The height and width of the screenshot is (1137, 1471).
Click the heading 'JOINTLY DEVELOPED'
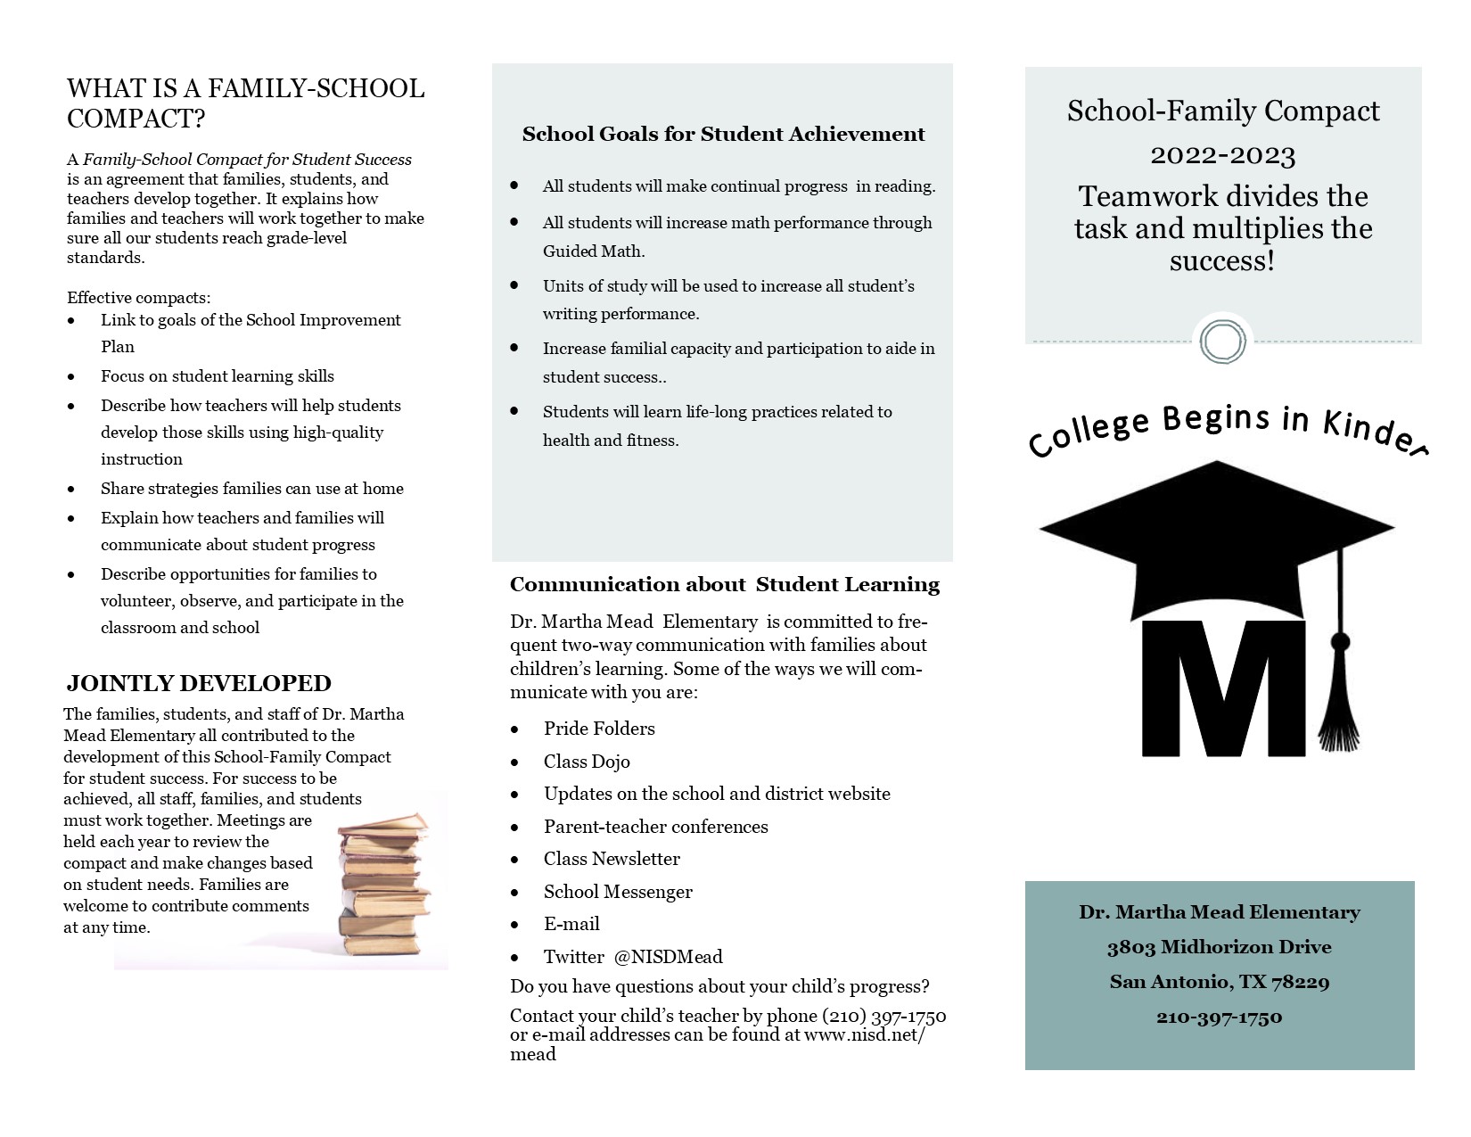tap(199, 684)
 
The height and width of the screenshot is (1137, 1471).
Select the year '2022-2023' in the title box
tap(1222, 156)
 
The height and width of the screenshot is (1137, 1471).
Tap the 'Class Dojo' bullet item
tap(587, 762)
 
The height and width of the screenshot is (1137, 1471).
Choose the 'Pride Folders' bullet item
tap(599, 729)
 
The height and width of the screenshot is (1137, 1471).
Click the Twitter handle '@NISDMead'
tap(668, 957)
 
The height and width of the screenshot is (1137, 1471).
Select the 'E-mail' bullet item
tap(571, 924)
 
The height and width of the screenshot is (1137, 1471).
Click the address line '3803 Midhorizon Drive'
tap(1219, 947)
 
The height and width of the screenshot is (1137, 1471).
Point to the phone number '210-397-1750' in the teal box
tap(1219, 1017)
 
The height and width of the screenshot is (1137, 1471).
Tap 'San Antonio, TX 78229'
tap(1219, 982)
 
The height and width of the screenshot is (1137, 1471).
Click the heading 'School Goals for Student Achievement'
tap(723, 135)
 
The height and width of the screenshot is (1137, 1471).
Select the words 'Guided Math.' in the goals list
tap(594, 251)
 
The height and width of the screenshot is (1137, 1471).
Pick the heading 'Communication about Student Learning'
tap(724, 585)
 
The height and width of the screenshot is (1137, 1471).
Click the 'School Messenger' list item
tap(618, 892)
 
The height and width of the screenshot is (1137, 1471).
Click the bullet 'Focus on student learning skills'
tap(218, 376)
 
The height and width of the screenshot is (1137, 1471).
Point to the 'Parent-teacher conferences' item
tap(655, 827)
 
